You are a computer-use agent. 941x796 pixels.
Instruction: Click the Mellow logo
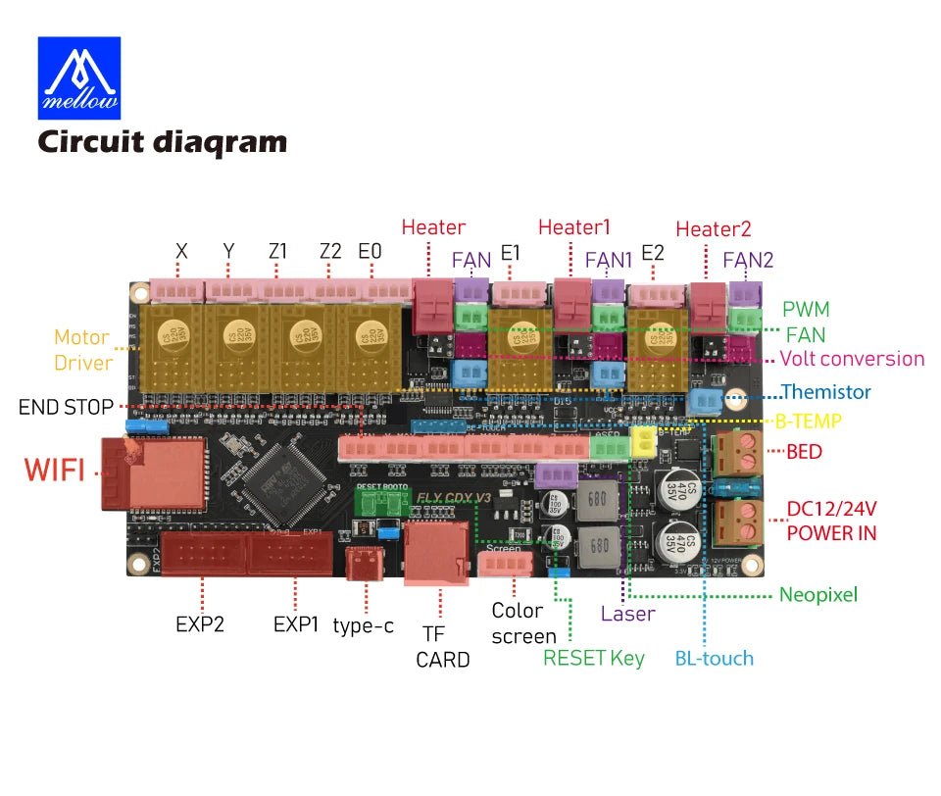coord(78,77)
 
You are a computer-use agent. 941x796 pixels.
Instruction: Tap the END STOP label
coord(66,406)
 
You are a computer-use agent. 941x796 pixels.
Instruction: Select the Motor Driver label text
coord(81,350)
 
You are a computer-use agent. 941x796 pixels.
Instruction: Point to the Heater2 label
coord(713,228)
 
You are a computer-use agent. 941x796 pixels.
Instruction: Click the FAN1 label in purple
coord(609,260)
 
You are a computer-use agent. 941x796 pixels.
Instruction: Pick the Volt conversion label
coord(851,359)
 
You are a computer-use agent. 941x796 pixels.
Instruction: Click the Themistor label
coord(825,392)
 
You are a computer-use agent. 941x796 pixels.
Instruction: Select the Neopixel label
coord(817,594)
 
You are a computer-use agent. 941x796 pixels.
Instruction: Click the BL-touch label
coord(714,658)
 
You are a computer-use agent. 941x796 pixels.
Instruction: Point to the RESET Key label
coord(594,658)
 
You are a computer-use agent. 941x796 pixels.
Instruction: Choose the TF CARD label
coord(442,647)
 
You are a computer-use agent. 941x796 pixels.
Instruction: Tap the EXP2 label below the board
coord(200,623)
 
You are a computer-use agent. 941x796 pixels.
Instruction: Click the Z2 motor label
coord(330,251)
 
